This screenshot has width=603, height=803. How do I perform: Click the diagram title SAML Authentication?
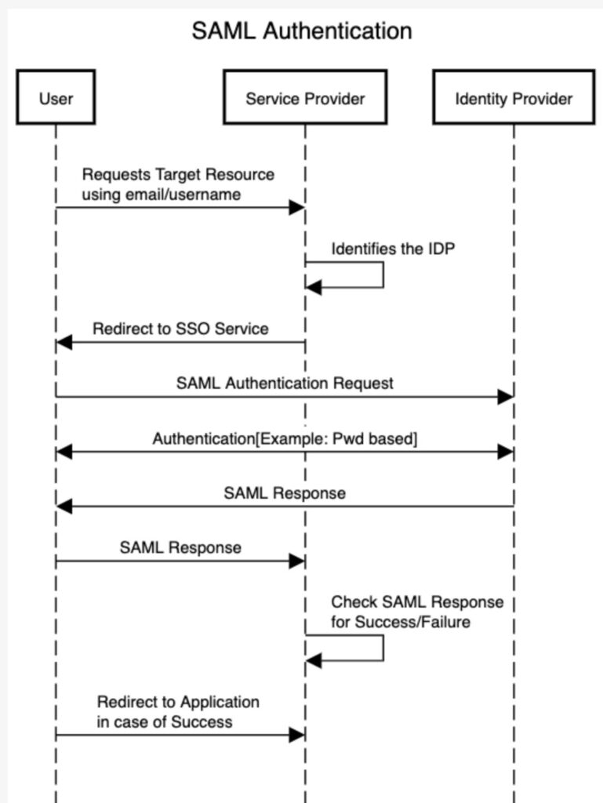tap(302, 31)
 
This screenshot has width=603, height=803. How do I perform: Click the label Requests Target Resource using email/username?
tap(178, 184)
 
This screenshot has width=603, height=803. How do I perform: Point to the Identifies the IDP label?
tap(393, 249)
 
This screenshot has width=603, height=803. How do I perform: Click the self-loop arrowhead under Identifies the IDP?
tap(314, 287)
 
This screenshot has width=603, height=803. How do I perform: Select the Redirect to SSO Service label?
tap(180, 329)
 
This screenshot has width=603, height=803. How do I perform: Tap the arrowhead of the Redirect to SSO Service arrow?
tap(64, 342)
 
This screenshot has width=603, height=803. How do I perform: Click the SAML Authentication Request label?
tap(285, 383)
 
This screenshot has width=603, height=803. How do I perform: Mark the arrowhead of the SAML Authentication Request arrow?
tap(505, 396)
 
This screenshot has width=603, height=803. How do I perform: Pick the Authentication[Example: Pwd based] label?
tap(285, 439)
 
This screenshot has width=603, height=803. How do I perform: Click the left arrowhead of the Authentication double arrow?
tap(64, 452)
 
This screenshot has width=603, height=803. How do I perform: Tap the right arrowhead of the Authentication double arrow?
tap(505, 452)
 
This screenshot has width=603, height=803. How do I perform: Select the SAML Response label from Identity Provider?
tap(285, 493)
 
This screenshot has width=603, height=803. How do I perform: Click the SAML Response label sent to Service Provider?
tap(180, 547)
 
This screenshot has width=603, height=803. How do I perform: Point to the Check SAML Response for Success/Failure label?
tap(417, 612)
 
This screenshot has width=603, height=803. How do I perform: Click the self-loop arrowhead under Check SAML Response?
tap(314, 660)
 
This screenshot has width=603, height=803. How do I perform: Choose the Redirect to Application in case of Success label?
tap(178, 712)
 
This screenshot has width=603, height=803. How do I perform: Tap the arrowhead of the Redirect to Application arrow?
tap(297, 735)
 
